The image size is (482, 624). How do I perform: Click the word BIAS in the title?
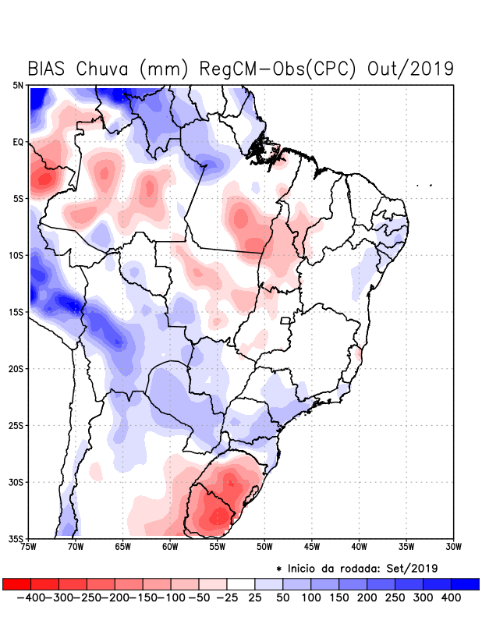click(48, 69)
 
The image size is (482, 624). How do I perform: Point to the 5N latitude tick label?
click(18, 85)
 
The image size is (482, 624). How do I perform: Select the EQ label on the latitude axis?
click(18, 142)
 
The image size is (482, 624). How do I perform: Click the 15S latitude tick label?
click(16, 312)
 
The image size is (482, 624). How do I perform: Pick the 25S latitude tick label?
click(16, 425)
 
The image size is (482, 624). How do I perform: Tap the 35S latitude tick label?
click(16, 538)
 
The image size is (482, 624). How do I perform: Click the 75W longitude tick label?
click(29, 547)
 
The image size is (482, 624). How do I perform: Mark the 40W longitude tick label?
click(359, 547)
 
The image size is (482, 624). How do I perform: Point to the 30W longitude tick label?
click(453, 547)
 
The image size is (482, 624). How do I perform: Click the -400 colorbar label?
click(30, 597)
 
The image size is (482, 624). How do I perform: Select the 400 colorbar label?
click(451, 597)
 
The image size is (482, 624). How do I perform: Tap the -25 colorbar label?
click(227, 597)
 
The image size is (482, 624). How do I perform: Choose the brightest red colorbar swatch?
click(16, 584)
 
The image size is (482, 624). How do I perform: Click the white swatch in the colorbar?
click(241, 584)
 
